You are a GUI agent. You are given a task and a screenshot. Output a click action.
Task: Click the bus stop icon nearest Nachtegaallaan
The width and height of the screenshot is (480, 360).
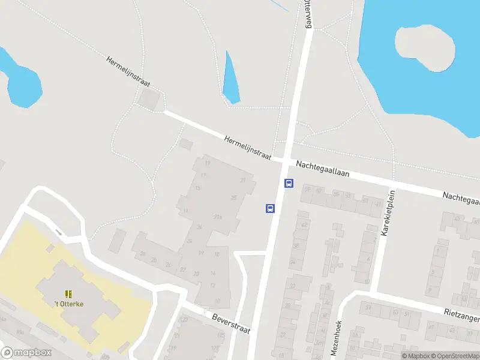(289, 184)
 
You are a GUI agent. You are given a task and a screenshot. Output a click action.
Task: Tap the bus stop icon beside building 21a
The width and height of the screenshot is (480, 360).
(270, 209)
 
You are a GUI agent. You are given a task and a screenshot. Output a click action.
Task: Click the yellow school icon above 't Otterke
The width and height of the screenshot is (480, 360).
(68, 293)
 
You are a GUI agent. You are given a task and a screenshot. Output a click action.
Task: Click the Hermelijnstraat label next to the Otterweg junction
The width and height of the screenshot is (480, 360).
(248, 147)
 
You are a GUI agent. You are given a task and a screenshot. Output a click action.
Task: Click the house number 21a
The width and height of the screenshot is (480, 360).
(218, 217)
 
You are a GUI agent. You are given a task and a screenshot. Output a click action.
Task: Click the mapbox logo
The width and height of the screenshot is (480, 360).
(25, 352)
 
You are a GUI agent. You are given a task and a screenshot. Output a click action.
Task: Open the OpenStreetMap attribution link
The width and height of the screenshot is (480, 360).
(454, 356)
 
